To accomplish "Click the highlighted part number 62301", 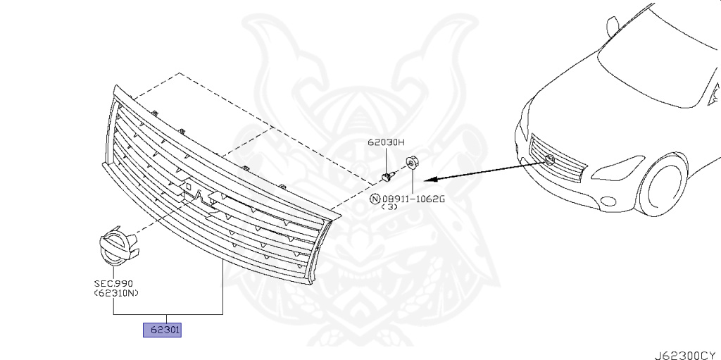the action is (163, 329).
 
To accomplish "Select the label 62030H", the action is (387, 142).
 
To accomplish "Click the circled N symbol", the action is (375, 199).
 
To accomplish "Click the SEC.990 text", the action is (113, 283).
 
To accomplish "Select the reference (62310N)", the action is (115, 293).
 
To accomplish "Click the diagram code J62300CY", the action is (687, 349).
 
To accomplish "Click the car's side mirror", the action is (612, 25).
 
